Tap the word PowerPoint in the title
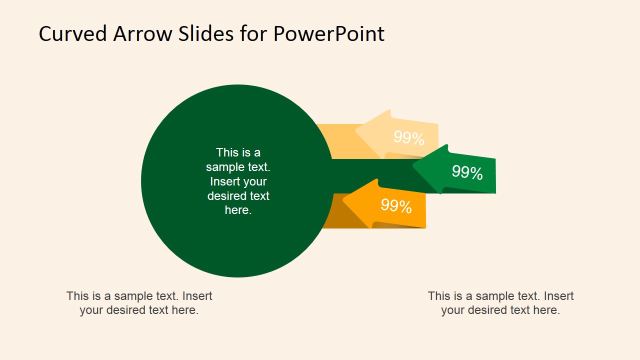pos(328,34)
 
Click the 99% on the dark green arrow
pos(467,172)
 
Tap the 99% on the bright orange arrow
pos(396,206)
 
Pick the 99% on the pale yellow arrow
pos(408,138)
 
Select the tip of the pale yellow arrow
pos(356,132)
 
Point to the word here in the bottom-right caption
pos(546,310)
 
